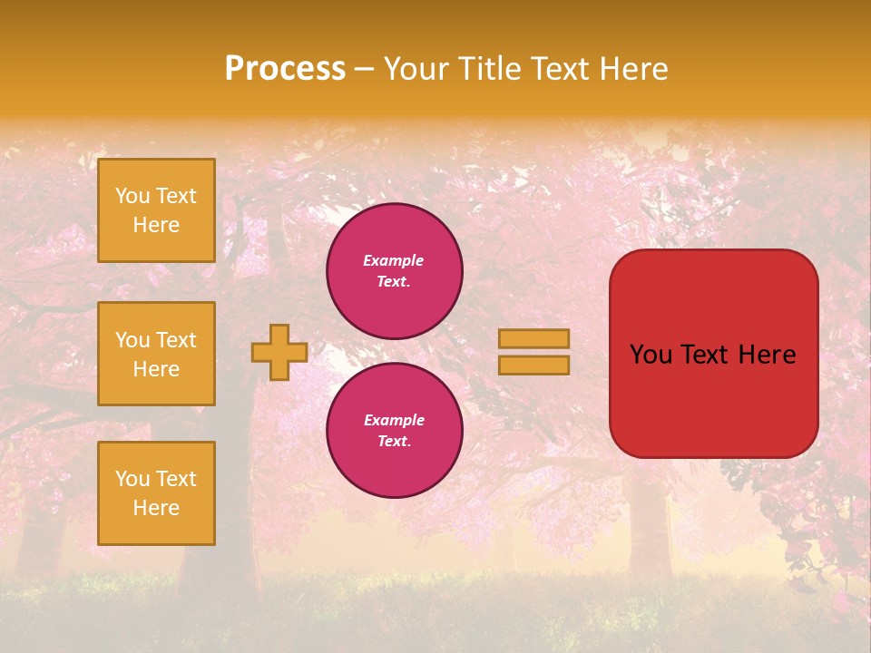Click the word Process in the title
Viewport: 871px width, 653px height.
[x=285, y=69]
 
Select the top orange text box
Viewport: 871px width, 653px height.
[x=156, y=210]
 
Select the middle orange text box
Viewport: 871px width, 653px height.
[x=156, y=354]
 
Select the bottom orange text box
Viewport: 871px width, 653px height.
[x=156, y=493]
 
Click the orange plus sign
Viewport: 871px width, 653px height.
[x=279, y=352]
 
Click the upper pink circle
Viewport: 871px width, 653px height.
[x=395, y=271]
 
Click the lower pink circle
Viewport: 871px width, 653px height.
[x=395, y=431]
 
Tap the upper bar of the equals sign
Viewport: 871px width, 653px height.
[x=534, y=339]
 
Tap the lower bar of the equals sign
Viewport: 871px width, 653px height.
[x=534, y=365]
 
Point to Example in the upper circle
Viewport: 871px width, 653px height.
[x=394, y=260]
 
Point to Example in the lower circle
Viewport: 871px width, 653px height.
[x=394, y=420]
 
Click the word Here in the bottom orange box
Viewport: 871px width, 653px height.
[x=156, y=508]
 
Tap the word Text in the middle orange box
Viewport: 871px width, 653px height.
[x=176, y=340]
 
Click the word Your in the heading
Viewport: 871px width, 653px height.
[x=416, y=69]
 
